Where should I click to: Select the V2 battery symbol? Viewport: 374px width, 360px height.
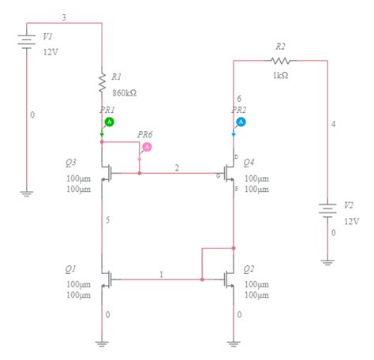(327, 211)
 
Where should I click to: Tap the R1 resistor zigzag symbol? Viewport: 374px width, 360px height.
(102, 81)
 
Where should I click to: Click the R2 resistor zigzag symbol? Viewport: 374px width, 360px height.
(280, 61)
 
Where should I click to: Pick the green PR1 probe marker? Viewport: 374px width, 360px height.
(110, 122)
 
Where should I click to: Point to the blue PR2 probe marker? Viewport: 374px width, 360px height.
(241, 122)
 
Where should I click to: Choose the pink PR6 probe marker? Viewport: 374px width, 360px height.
(146, 147)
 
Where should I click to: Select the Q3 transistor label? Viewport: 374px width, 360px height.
(71, 163)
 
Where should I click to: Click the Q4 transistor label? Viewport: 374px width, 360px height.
(249, 163)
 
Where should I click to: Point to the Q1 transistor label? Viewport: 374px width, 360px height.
(71, 270)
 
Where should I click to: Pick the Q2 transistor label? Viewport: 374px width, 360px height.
(249, 268)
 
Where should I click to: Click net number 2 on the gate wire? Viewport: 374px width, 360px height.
(178, 168)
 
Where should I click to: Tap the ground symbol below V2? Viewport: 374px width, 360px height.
(327, 260)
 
